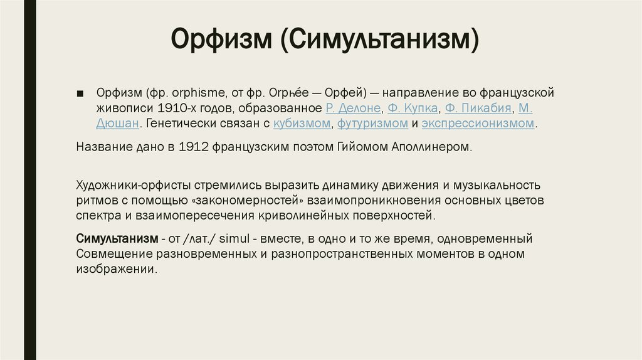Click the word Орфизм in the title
click(221, 40)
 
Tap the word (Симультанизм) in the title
click(379, 40)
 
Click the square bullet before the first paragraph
click(80, 94)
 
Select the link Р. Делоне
click(353, 108)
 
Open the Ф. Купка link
click(413, 108)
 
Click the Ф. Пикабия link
click(478, 108)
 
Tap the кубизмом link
click(302, 124)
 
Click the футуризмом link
click(372, 124)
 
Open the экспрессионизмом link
click(478, 124)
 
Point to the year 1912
click(194, 147)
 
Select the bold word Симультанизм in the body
click(117, 238)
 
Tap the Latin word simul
click(234, 238)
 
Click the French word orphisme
click(199, 93)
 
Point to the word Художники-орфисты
click(134, 185)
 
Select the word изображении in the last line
click(115, 269)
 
